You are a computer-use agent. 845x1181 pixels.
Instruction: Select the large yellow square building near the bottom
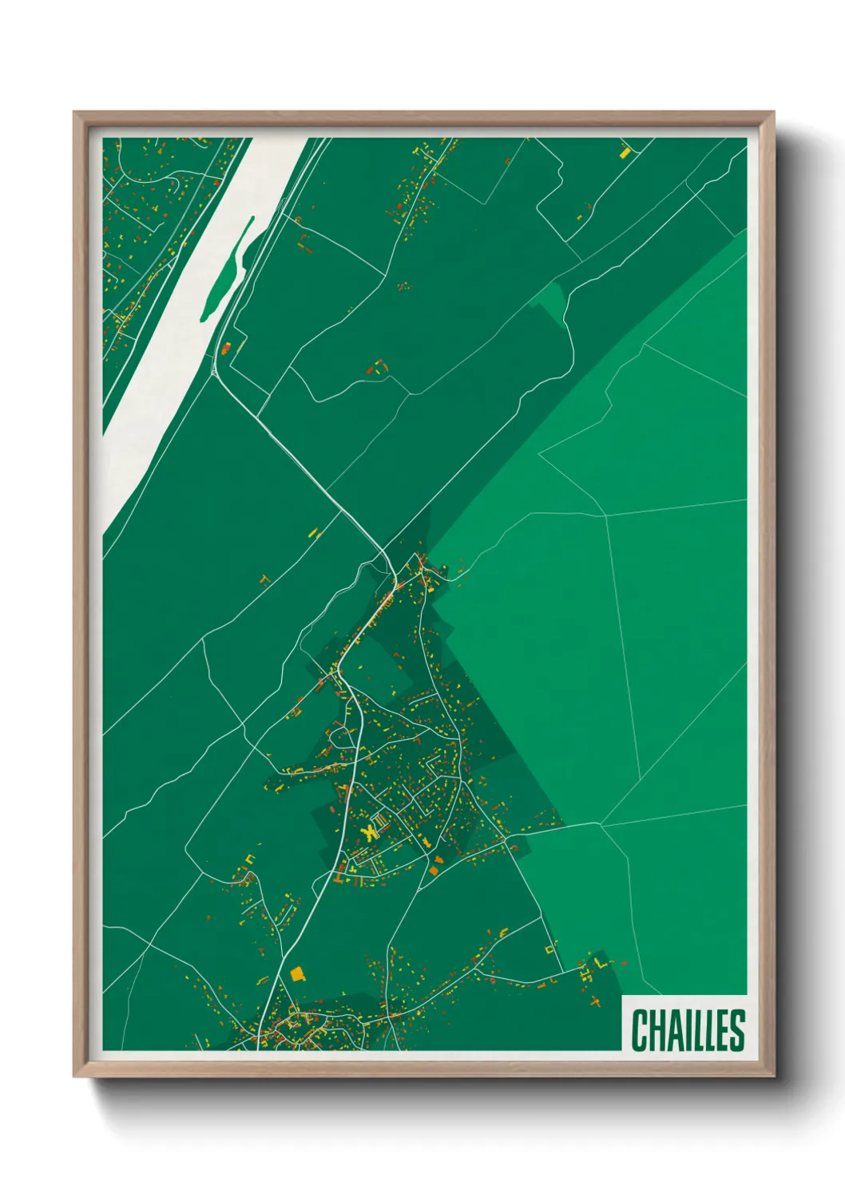[x=297, y=974]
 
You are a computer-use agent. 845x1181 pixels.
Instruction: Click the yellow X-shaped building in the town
[x=369, y=832]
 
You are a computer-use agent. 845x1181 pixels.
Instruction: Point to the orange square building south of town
[x=436, y=870]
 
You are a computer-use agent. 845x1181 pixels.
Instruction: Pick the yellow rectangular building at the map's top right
[x=625, y=150]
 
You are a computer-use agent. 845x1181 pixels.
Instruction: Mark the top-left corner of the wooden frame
[x=74, y=113]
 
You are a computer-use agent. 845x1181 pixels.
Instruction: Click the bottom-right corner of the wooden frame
[x=773, y=1076]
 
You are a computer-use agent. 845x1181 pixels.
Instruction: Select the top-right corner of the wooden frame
[x=773, y=113]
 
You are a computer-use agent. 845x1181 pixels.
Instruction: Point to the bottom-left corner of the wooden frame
[x=74, y=1076]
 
